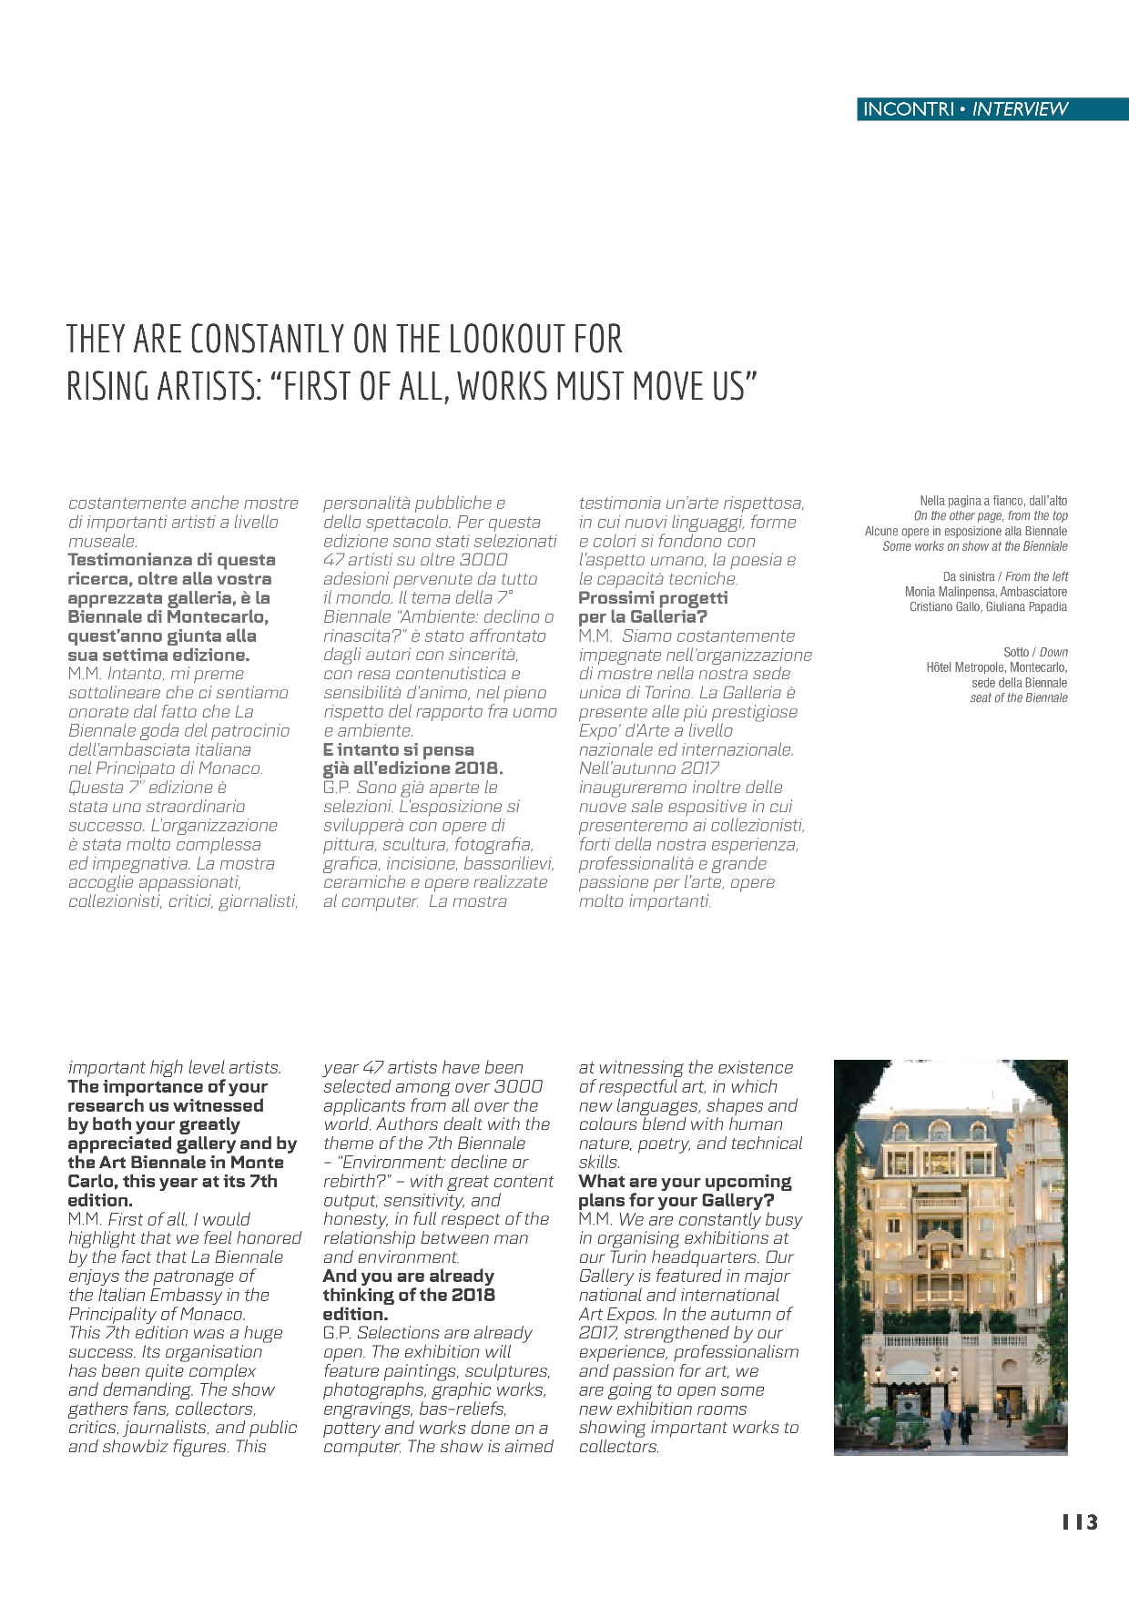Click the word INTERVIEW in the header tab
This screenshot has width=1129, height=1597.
pyautogui.click(x=1020, y=109)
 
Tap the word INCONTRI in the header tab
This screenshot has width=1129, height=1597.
pyautogui.click(x=908, y=109)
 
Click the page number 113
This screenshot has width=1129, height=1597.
pyautogui.click(x=1080, y=1522)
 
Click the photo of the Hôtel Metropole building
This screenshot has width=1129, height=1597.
pyautogui.click(x=951, y=1256)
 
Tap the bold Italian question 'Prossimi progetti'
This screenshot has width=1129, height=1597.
pyautogui.click(x=653, y=598)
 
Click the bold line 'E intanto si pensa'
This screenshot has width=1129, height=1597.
pyautogui.click(x=398, y=749)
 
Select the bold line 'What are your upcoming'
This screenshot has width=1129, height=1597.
pyautogui.click(x=685, y=1182)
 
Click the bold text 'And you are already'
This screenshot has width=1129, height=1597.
pyautogui.click(x=408, y=1277)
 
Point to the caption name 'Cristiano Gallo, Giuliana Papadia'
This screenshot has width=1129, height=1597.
pyautogui.click(x=988, y=607)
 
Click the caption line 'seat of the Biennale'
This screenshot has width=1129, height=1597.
pyautogui.click(x=1018, y=698)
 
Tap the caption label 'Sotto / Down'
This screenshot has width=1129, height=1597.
pyautogui.click(x=1035, y=652)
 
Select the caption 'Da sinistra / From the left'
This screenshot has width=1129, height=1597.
pyautogui.click(x=1005, y=576)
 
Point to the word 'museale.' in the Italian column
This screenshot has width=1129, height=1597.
pyautogui.click(x=102, y=542)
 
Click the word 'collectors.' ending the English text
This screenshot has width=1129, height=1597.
pyautogui.click(x=618, y=1447)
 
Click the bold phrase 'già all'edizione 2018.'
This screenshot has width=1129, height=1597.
pyautogui.click(x=412, y=768)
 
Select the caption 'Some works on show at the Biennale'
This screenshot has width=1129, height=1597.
pyautogui.click(x=974, y=546)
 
